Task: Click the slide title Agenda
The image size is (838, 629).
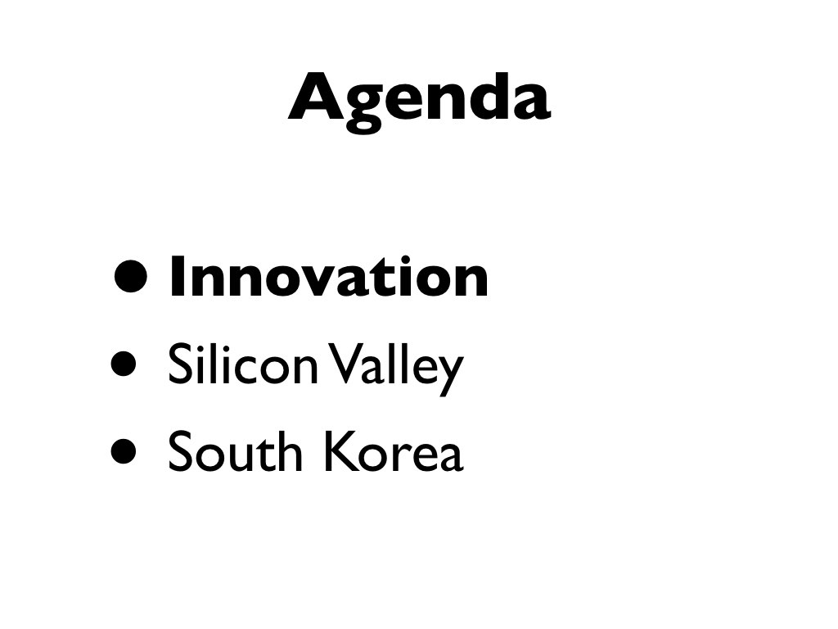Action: (420, 102)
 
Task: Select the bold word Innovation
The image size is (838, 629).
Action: (329, 277)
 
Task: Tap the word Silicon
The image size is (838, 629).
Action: (243, 363)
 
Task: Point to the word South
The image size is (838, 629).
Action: (235, 451)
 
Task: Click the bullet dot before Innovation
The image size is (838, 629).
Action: (130, 277)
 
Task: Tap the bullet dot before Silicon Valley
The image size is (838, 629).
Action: (124, 364)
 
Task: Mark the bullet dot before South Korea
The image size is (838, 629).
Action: (124, 450)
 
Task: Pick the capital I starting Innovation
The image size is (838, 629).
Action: (177, 277)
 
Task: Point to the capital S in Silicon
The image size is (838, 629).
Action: (180, 364)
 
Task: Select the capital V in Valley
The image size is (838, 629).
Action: (343, 364)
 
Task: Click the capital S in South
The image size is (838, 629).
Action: (180, 451)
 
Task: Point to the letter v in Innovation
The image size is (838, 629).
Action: (316, 282)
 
